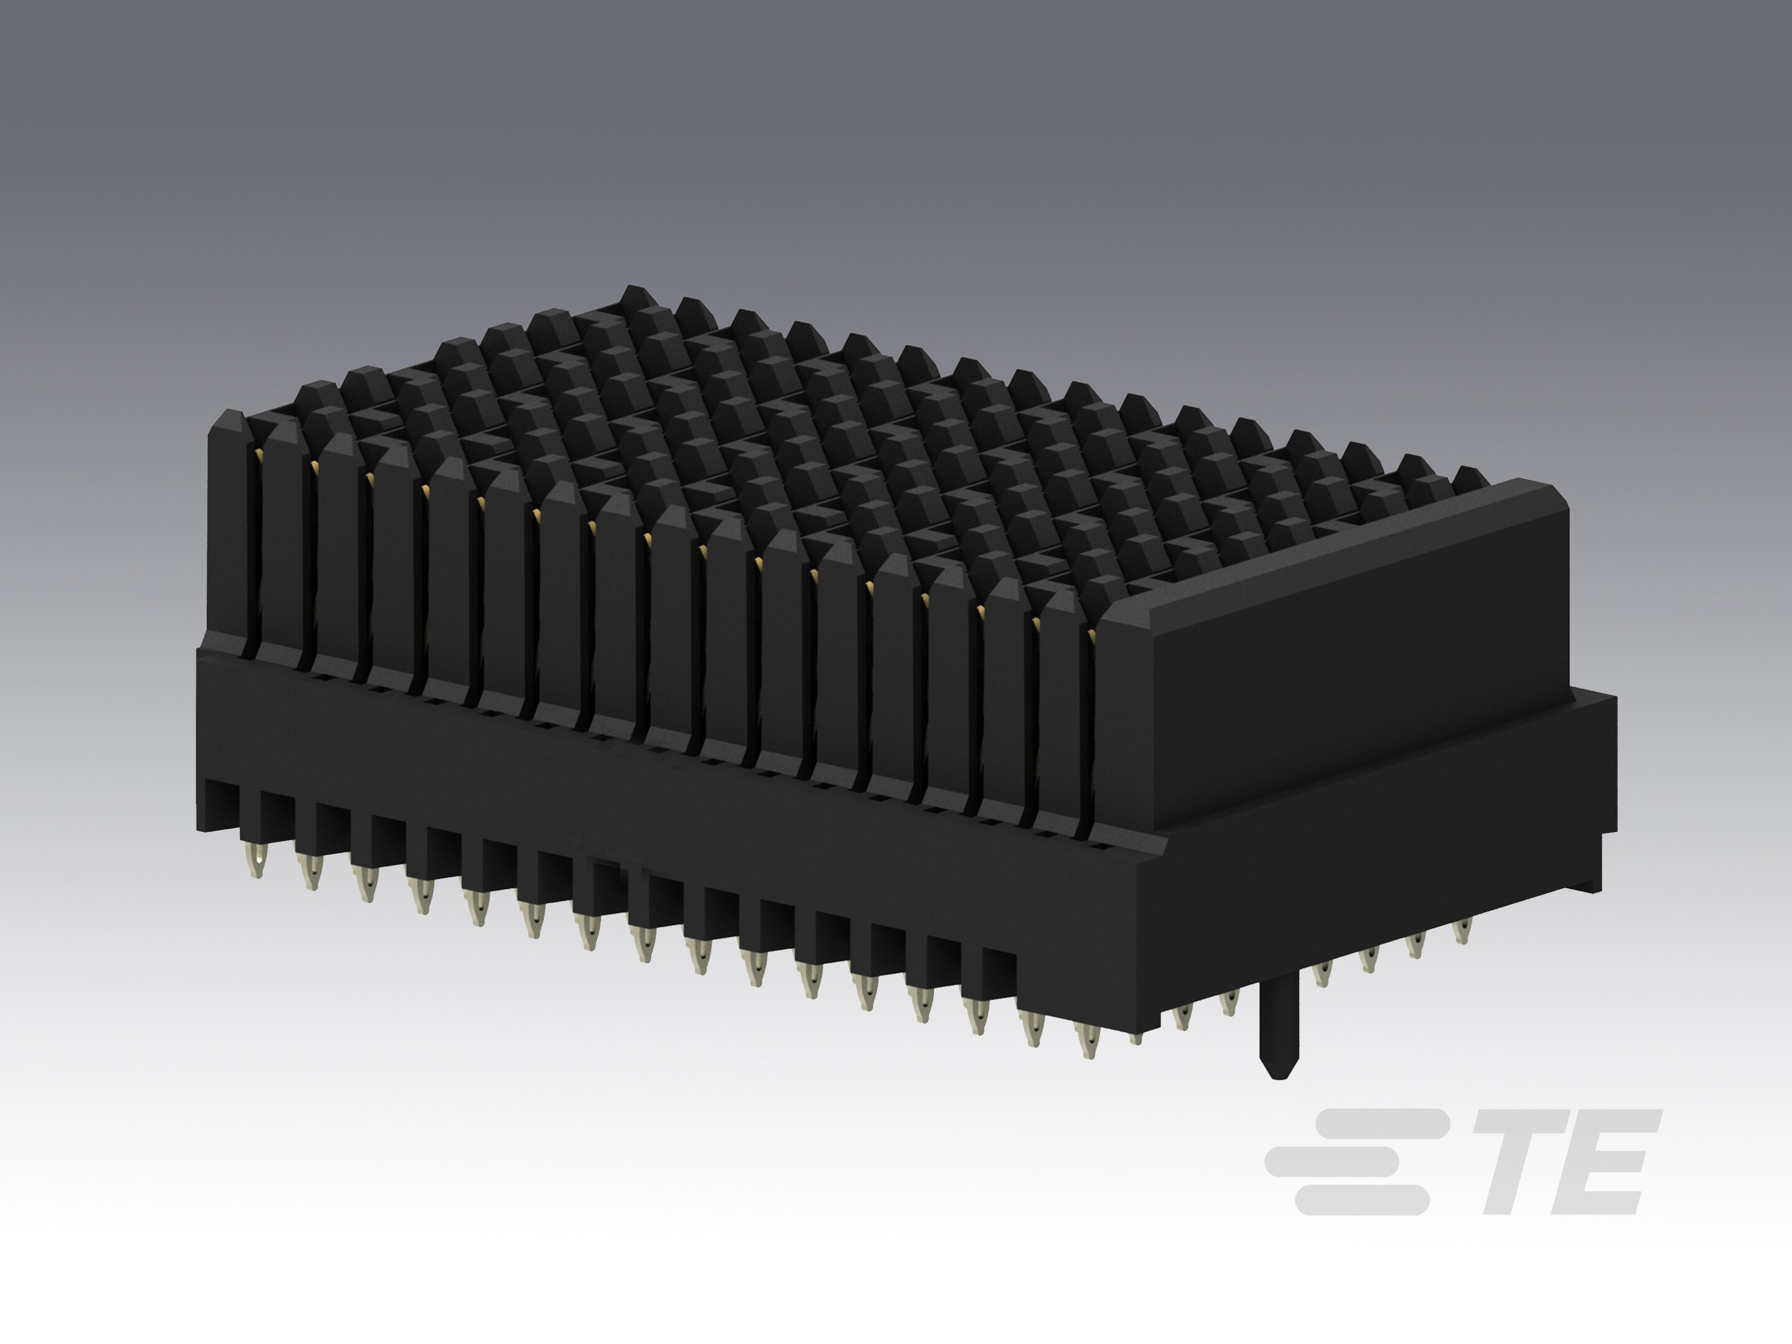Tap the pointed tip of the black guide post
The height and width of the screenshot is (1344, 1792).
[x=1279, y=1074]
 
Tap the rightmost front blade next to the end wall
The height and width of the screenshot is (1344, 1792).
[x=1062, y=713]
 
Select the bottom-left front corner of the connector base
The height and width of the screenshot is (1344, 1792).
[x=198, y=826]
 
